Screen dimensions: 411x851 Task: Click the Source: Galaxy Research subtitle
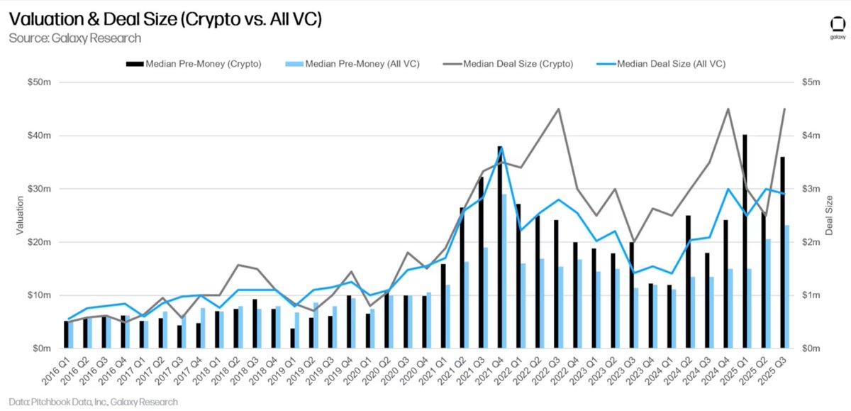[74, 38]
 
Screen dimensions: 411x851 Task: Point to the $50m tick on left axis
[40, 82]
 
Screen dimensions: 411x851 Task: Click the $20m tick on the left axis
[40, 242]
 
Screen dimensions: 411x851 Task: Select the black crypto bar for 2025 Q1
[745, 241]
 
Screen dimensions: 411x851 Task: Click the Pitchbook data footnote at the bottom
[94, 402]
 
